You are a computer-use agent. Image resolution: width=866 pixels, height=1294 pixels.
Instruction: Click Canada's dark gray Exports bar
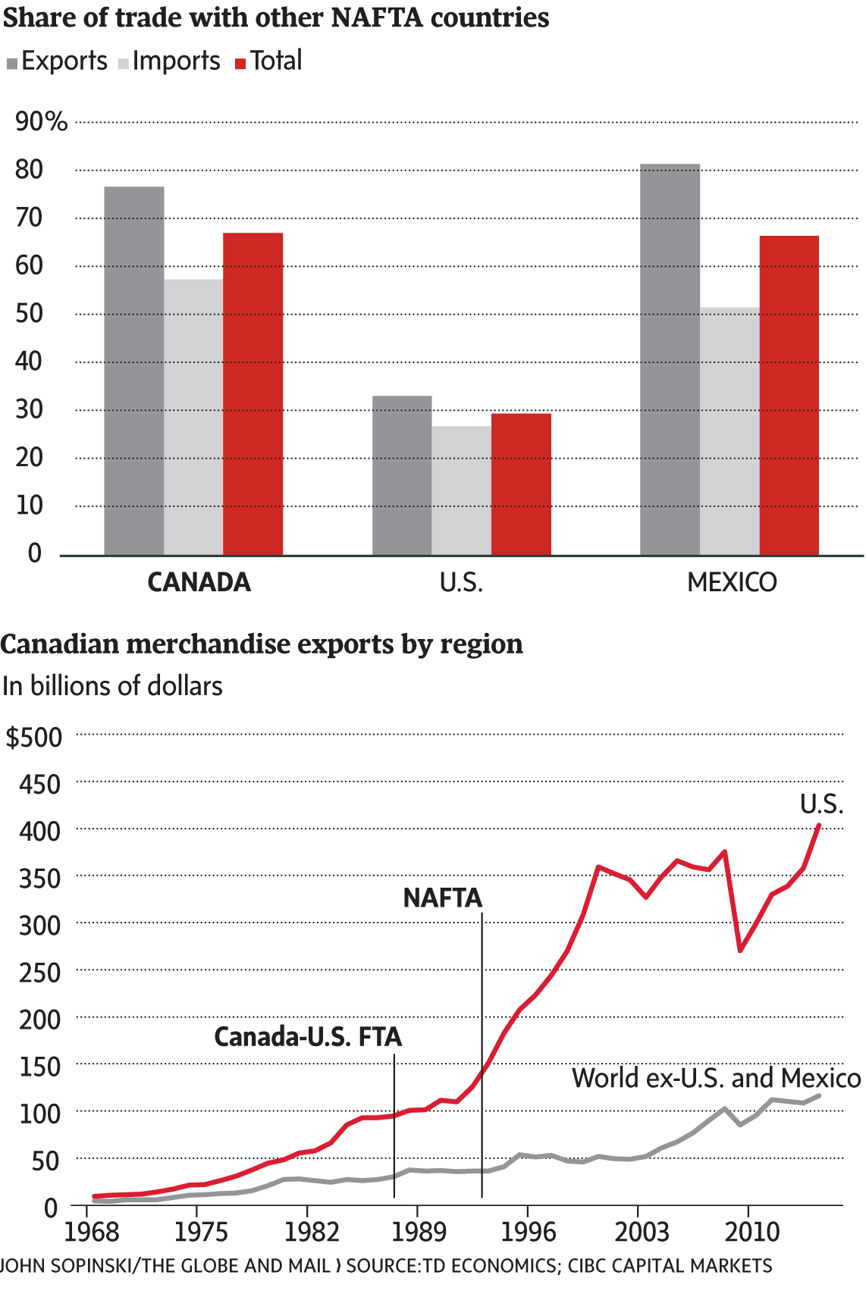coord(134,371)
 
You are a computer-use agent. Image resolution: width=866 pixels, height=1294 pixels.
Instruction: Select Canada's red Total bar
coord(253,394)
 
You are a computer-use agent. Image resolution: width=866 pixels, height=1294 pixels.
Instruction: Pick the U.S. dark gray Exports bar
coord(402,475)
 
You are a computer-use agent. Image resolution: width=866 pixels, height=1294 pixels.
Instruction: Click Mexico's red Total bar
coord(789,396)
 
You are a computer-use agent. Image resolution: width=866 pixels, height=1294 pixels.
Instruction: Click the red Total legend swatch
coord(241,64)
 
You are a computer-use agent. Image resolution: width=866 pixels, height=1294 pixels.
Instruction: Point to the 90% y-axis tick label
coord(41,121)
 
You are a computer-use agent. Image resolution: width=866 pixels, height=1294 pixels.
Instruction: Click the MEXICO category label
coord(732,582)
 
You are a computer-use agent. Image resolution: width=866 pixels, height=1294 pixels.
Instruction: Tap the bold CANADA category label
coord(199,582)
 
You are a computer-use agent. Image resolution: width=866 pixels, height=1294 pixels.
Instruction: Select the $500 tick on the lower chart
coord(34,737)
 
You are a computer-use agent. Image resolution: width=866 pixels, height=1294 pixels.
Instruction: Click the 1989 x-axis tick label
coord(419,1232)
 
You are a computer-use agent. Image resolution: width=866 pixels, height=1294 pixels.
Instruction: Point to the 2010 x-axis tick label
coord(751,1232)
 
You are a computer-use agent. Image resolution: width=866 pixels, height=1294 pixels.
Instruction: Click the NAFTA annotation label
coord(443,898)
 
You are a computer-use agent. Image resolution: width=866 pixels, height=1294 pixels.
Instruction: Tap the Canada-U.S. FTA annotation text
coord(308,1036)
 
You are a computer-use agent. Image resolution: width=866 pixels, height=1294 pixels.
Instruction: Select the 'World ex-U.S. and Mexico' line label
coord(716,1078)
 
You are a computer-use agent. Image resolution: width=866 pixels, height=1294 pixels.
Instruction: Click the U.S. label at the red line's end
coord(821,804)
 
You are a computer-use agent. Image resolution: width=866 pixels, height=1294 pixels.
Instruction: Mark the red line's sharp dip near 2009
coord(740,950)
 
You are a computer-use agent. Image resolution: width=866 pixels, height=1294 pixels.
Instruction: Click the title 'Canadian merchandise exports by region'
coord(262,644)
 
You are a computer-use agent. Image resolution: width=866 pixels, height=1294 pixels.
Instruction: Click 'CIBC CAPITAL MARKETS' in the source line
coord(670,1265)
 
